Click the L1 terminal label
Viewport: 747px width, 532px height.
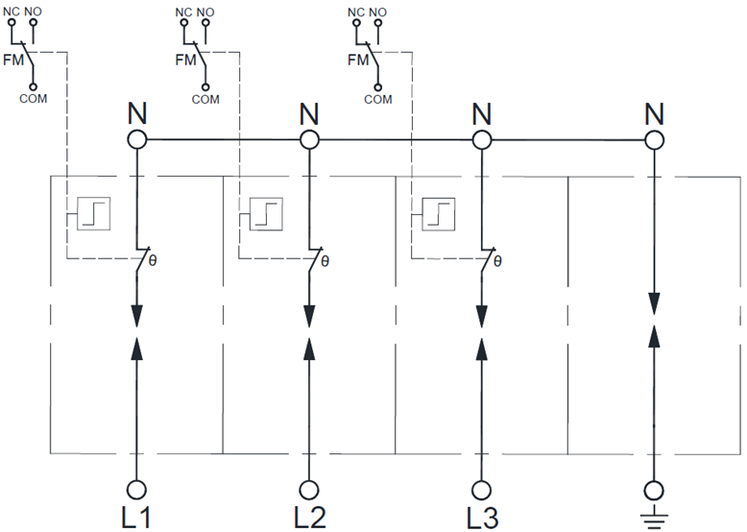tap(135, 517)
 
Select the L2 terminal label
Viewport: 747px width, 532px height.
tap(309, 517)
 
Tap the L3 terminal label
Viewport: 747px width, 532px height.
tap(482, 517)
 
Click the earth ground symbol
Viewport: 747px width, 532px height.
tap(655, 520)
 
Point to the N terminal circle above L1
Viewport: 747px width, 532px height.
tap(136, 140)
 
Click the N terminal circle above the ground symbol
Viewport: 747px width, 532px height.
tap(655, 140)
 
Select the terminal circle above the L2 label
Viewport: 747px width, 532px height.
tap(309, 488)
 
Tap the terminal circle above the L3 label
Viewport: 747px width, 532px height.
tap(482, 488)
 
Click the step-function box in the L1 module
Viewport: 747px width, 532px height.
tap(90, 212)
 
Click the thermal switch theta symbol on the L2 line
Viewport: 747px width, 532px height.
tap(325, 259)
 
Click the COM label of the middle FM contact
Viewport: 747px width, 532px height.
tap(205, 99)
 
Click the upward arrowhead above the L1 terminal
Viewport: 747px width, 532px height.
tap(136, 345)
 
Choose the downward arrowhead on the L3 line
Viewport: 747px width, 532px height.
tap(482, 316)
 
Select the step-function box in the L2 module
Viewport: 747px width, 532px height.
tap(263, 212)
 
